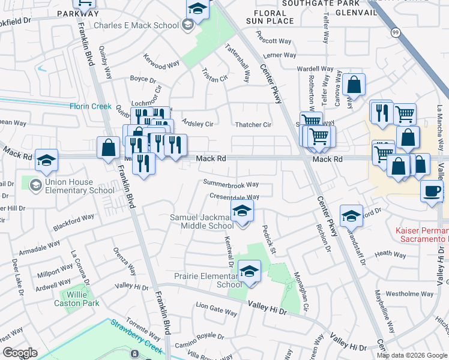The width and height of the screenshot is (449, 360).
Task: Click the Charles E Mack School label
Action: [x=136, y=26]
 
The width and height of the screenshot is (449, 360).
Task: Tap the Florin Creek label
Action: [x=90, y=106]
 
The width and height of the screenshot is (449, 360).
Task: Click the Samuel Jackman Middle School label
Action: [x=202, y=221]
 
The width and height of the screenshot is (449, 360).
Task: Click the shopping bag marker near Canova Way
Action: [x=355, y=85]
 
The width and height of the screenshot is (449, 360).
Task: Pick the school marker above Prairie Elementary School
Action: [x=249, y=272]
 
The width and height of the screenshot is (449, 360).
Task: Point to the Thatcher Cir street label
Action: [x=252, y=125]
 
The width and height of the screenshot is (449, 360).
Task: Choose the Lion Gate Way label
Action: [x=217, y=310]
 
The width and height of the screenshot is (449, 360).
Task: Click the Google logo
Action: [x=20, y=353]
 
